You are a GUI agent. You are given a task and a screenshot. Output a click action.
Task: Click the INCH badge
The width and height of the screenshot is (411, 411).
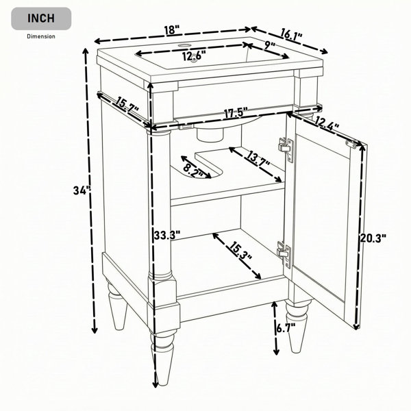pyautogui.click(x=41, y=18)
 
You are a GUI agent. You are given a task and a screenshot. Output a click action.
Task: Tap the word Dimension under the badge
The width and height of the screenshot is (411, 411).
pyautogui.click(x=41, y=36)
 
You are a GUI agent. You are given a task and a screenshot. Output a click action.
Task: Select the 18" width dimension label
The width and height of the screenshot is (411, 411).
pyautogui.click(x=172, y=29)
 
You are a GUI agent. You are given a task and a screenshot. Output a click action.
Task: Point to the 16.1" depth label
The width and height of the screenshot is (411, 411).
pyautogui.click(x=292, y=35)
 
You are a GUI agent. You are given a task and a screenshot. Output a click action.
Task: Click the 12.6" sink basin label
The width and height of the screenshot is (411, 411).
pyautogui.click(x=195, y=56)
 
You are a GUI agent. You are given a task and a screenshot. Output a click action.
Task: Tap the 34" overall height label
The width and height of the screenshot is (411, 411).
pyautogui.click(x=82, y=190)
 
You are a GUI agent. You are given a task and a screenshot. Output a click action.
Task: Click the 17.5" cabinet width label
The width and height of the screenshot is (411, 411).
pyautogui.click(x=236, y=113)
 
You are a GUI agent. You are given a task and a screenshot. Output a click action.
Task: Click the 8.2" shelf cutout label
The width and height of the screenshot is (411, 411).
pyautogui.click(x=193, y=170)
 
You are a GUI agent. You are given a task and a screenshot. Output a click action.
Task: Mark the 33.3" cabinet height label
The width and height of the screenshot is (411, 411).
pyautogui.click(x=167, y=235)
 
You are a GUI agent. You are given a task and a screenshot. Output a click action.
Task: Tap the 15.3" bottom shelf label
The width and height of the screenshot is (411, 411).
pyautogui.click(x=240, y=251)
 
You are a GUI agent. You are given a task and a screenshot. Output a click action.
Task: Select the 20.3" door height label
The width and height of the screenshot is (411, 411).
pyautogui.click(x=373, y=238)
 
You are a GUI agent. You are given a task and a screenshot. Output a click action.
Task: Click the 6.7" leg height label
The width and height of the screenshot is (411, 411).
pyautogui.click(x=286, y=327)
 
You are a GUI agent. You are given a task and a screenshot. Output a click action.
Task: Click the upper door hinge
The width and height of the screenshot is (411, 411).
pyautogui.click(x=286, y=149)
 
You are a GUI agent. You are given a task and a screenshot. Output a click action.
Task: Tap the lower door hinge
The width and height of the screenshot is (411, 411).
pyautogui.click(x=284, y=255)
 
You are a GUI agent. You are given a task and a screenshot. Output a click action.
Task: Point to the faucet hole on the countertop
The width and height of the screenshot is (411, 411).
pyautogui.click(x=184, y=45)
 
